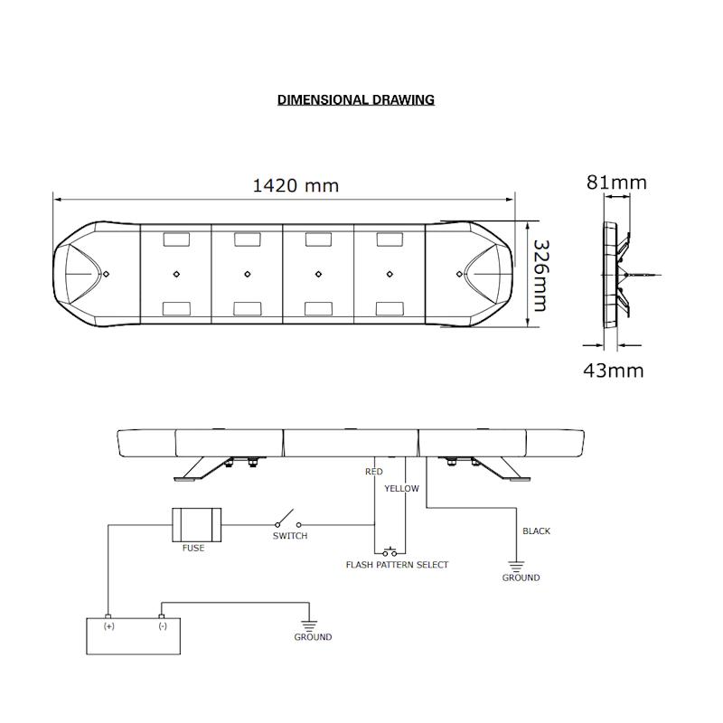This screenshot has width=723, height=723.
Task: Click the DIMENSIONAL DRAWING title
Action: (355, 99)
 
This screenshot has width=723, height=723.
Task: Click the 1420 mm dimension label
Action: (296, 185)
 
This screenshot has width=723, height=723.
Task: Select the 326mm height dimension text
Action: (540, 275)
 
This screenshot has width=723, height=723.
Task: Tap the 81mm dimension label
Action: (616, 183)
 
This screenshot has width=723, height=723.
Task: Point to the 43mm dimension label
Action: (614, 370)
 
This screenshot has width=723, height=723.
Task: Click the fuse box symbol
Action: (196, 524)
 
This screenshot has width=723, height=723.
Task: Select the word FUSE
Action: (192, 549)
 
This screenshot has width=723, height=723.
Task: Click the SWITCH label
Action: (290, 536)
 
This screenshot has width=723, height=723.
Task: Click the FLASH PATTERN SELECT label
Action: (397, 565)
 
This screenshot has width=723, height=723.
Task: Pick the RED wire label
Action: (373, 472)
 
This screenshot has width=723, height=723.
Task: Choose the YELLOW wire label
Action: (401, 488)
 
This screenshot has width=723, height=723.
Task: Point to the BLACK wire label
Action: (536, 531)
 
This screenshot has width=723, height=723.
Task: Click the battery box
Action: (135, 635)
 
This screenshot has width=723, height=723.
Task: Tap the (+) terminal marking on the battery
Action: (109, 625)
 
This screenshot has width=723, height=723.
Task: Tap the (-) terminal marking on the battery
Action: (162, 625)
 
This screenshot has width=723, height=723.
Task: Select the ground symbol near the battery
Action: (310, 624)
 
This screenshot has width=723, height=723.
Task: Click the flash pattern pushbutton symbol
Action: (390, 550)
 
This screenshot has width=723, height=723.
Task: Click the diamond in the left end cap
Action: (105, 273)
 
